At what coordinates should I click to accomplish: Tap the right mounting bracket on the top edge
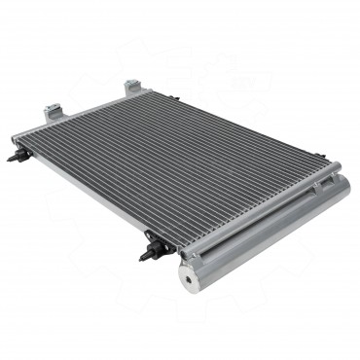coord(132,87)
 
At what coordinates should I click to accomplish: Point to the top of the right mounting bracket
coord(131,81)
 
